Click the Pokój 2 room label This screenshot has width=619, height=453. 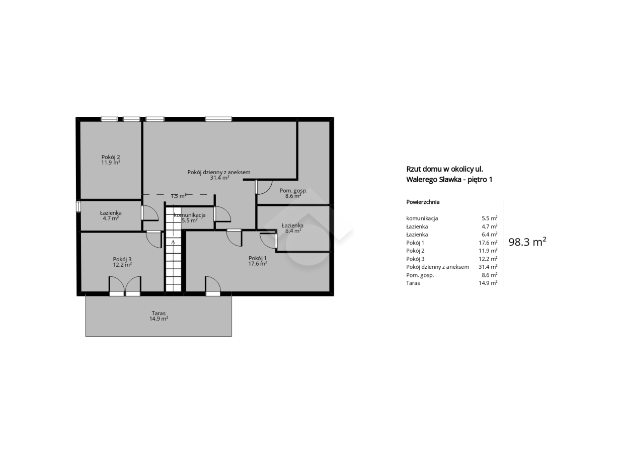(x=111, y=157)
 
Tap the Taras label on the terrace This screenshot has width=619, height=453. (x=159, y=313)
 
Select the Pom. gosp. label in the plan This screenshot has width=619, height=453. (x=293, y=190)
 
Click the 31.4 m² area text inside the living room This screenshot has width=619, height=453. (x=219, y=178)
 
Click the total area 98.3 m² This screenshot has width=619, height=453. (x=527, y=242)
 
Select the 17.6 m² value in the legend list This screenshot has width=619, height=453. (x=488, y=243)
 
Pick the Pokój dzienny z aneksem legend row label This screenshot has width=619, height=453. (x=437, y=267)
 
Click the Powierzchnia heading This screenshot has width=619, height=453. (x=423, y=202)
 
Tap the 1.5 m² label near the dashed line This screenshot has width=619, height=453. (x=179, y=196)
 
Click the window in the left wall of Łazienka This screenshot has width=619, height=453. (x=79, y=207)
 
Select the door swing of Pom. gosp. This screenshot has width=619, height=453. (x=264, y=187)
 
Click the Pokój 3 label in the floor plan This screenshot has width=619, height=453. (x=122, y=259)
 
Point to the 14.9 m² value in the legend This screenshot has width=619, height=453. (x=488, y=283)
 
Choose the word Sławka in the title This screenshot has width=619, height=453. (x=450, y=180)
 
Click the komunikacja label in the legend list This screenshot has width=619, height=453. (x=422, y=218)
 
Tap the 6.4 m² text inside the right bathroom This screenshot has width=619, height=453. (x=293, y=231)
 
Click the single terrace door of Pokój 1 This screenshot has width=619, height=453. (x=213, y=286)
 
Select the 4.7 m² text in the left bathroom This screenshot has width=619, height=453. (x=111, y=218)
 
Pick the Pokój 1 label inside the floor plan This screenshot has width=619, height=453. (x=258, y=258)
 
